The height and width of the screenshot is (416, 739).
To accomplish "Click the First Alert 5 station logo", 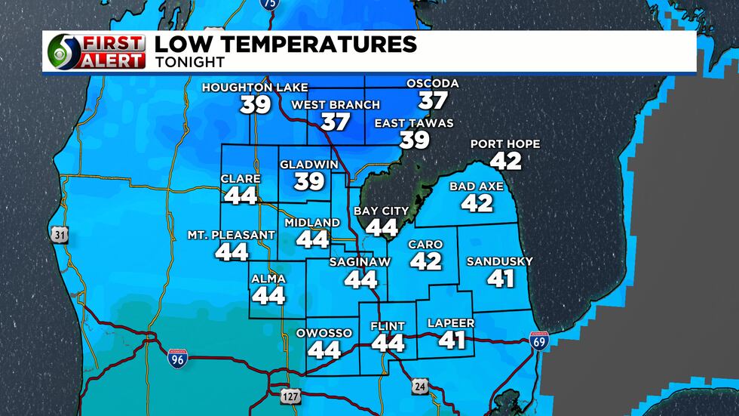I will (x=95, y=51).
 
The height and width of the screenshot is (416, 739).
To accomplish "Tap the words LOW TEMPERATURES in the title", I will (x=285, y=44).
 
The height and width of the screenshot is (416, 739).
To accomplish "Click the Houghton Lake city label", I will (x=255, y=88).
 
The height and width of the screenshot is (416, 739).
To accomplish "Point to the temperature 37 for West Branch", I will (x=335, y=122).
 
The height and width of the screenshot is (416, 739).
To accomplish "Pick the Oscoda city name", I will (x=432, y=83).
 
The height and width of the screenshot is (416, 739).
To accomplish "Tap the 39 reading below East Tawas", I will (x=414, y=140).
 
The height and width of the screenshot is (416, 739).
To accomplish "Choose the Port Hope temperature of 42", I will (x=504, y=160).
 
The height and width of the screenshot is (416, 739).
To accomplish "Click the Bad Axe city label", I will (x=477, y=186).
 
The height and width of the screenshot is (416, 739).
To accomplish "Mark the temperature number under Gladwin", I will (x=309, y=181).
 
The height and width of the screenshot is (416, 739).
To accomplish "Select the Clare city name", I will (x=241, y=179).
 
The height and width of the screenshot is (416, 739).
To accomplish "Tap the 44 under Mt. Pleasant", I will (x=232, y=251).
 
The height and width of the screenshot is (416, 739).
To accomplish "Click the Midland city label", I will (x=312, y=223).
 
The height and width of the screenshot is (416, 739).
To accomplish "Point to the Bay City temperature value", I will (x=381, y=226).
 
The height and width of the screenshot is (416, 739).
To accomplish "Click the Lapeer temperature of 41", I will (x=452, y=340).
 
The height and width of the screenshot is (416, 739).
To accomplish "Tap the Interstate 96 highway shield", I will (x=174, y=359).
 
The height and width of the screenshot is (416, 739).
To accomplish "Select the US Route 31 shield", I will (x=60, y=236).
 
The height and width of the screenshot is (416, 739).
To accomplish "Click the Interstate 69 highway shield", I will (x=539, y=342).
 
